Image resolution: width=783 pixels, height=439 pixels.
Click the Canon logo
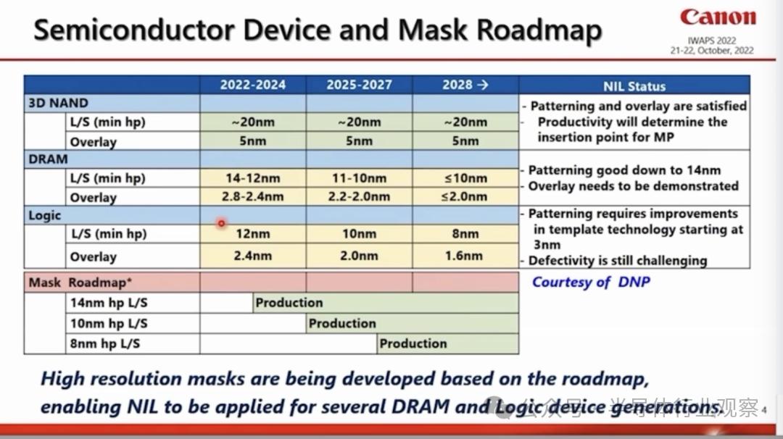click(x=718, y=17)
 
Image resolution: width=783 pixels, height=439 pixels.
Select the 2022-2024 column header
click(x=253, y=85)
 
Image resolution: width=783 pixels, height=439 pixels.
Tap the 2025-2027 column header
click(x=359, y=85)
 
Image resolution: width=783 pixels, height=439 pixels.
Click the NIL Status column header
click(x=634, y=86)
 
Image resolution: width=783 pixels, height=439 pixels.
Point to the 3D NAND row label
click(x=59, y=103)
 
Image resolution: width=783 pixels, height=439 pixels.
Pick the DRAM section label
click(x=48, y=159)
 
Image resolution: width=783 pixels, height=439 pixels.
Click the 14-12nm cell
click(x=253, y=178)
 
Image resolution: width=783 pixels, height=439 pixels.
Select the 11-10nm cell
click(x=359, y=178)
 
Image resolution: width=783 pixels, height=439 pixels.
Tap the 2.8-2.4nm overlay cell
click(x=253, y=196)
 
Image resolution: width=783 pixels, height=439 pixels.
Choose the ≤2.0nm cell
click(x=465, y=196)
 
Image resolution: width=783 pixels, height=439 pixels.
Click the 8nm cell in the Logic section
click(x=465, y=233)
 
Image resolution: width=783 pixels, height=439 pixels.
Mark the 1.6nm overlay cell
click(x=464, y=256)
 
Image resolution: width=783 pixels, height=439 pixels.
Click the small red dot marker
click(x=221, y=223)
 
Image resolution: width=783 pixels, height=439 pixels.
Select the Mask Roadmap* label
click(x=80, y=283)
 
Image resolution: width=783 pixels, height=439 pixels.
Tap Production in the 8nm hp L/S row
click(x=413, y=343)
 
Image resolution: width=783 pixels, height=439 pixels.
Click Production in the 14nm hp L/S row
click(x=289, y=302)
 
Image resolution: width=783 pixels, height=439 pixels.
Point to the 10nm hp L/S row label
click(x=109, y=323)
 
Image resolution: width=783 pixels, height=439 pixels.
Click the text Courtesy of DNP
click(x=592, y=282)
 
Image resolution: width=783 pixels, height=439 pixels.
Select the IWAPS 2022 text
click(x=712, y=41)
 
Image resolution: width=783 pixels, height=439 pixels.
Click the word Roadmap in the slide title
click(x=539, y=31)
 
